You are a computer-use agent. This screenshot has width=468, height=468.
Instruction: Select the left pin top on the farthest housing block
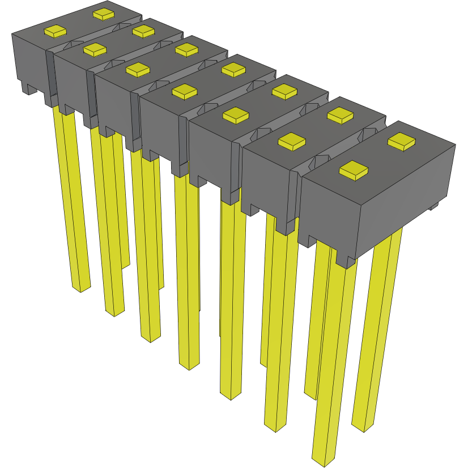click(x=56, y=32)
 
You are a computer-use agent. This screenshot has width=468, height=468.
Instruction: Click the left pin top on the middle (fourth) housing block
click(x=184, y=91)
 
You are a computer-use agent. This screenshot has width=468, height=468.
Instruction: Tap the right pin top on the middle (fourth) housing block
click(x=232, y=70)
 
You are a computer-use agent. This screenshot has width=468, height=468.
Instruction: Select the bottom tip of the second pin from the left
click(x=114, y=310)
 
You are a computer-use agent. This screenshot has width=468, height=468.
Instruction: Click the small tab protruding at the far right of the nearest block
click(x=434, y=206)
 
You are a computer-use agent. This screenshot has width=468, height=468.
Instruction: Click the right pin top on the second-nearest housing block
click(x=341, y=115)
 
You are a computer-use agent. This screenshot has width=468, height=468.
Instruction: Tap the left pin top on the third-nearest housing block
click(x=236, y=116)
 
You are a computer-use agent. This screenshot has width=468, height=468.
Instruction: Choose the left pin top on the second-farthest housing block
click(x=94, y=50)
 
